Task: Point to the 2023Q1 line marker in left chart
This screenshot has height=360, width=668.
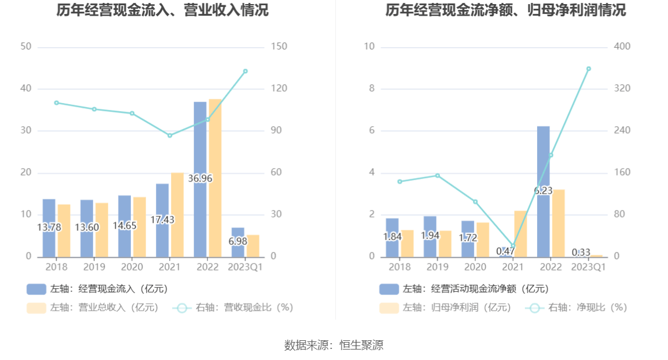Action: coord(245,71)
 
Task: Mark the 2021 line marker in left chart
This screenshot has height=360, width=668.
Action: coord(170,136)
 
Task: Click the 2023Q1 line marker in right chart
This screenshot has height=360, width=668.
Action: coord(588,69)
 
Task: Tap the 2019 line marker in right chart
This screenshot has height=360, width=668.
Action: coord(438,176)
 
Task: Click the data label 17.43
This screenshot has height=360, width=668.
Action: coord(162,220)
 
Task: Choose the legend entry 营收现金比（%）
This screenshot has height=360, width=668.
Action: coord(233,308)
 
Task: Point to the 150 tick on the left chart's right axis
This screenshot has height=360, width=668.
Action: coord(279,47)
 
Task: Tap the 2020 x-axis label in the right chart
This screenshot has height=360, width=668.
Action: coord(475,267)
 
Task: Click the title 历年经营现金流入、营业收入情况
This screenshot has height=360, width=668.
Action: coord(163,10)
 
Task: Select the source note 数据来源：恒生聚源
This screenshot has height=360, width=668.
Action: coord(334,345)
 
